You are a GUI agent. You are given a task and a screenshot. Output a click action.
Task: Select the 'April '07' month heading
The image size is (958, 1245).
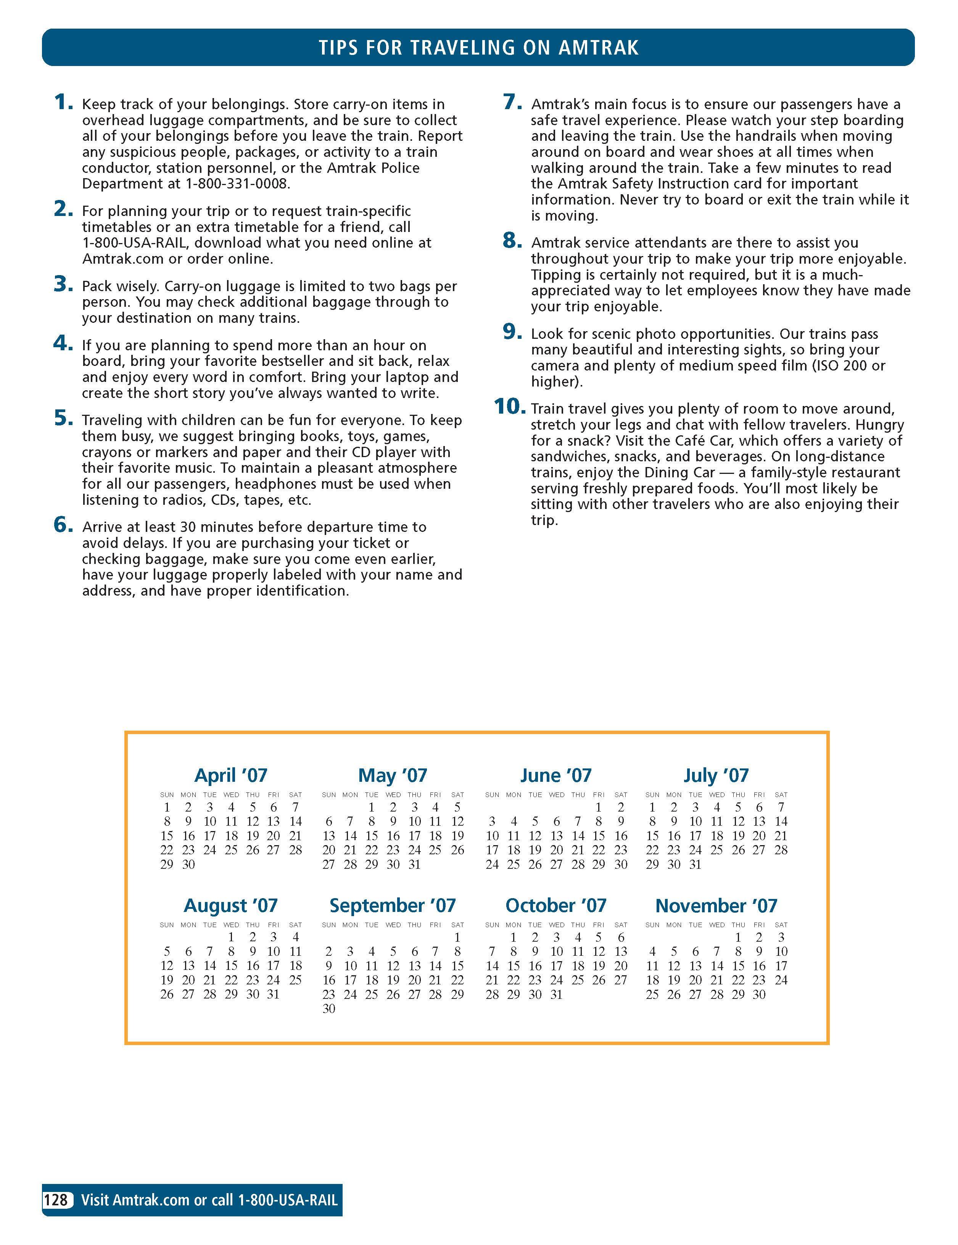point(231,775)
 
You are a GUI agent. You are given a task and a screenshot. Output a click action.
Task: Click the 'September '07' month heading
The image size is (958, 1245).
point(393,906)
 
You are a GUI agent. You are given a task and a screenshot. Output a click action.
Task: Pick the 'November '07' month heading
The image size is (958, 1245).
point(716,906)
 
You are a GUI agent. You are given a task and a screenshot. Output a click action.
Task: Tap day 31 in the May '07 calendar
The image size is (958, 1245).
point(415,864)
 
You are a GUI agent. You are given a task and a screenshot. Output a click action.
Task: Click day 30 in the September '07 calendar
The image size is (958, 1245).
point(329,1009)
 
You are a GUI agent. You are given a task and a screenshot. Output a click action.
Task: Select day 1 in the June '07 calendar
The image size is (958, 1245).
point(598,807)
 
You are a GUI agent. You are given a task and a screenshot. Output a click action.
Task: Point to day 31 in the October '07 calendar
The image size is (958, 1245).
point(556,995)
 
